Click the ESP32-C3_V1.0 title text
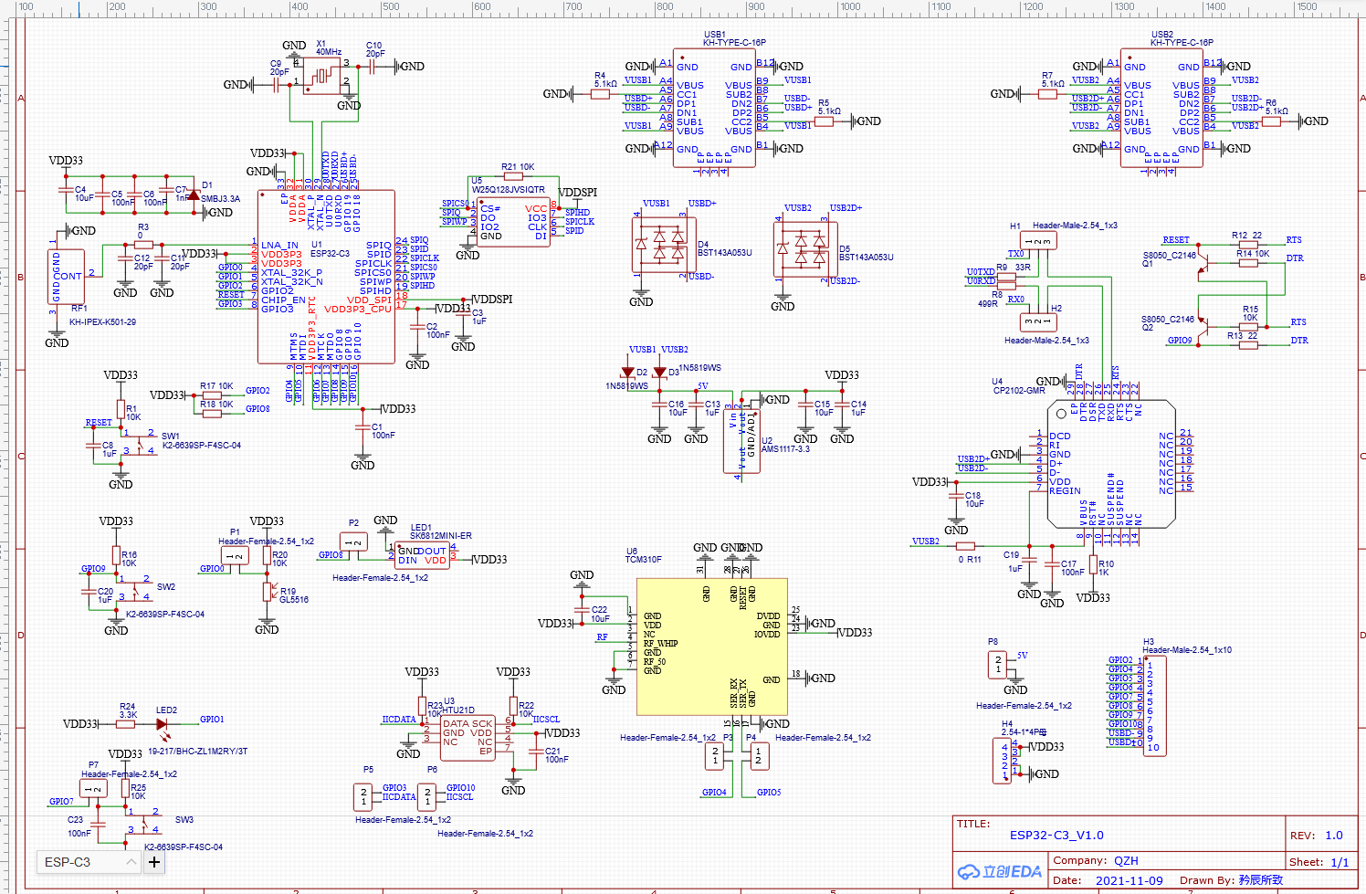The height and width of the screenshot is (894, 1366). coord(1056,835)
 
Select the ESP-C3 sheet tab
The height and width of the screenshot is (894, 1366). coord(68,862)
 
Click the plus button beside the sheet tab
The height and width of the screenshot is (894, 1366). coord(154,862)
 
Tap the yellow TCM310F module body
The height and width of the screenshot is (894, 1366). coord(711,647)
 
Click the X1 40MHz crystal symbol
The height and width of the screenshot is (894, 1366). coord(321,77)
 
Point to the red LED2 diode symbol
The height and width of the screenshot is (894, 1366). coord(163,724)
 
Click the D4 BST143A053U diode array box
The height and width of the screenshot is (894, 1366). coord(659,244)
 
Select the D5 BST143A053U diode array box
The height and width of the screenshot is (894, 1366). coord(801,248)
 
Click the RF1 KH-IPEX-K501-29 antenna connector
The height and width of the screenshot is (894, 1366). coord(66,276)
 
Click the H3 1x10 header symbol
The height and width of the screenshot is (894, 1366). coord(1154,705)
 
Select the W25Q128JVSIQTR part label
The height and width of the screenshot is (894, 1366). coord(508,190)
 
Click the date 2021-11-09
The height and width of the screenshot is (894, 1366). coord(1129,880)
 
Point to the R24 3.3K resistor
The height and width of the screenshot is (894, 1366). coord(126,724)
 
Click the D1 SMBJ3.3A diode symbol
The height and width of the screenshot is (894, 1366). coord(194,195)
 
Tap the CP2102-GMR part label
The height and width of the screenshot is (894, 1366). coord(1019,391)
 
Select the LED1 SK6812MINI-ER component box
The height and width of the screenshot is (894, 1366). coord(422,555)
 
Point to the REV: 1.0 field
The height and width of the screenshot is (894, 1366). coord(1316,835)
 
